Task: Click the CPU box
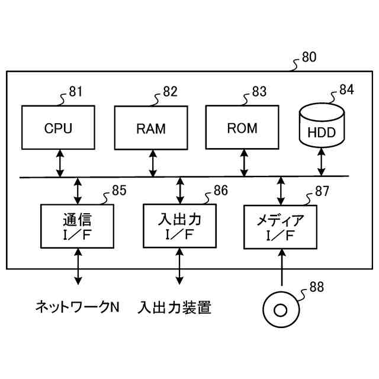58,127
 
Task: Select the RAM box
151,128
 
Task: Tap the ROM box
242,127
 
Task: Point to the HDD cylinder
322,125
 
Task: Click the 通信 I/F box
77,226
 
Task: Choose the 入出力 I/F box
179,226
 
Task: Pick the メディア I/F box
280,227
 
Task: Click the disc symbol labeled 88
281,310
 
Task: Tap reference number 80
309,57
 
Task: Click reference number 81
76,92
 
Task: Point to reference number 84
346,89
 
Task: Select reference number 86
221,191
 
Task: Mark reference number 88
317,287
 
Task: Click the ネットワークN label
78,307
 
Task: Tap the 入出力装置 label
175,307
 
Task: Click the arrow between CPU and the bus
60,163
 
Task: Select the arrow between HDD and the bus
321,162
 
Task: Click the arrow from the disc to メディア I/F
282,268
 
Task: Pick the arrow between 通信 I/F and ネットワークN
78,266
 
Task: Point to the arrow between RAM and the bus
153,163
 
